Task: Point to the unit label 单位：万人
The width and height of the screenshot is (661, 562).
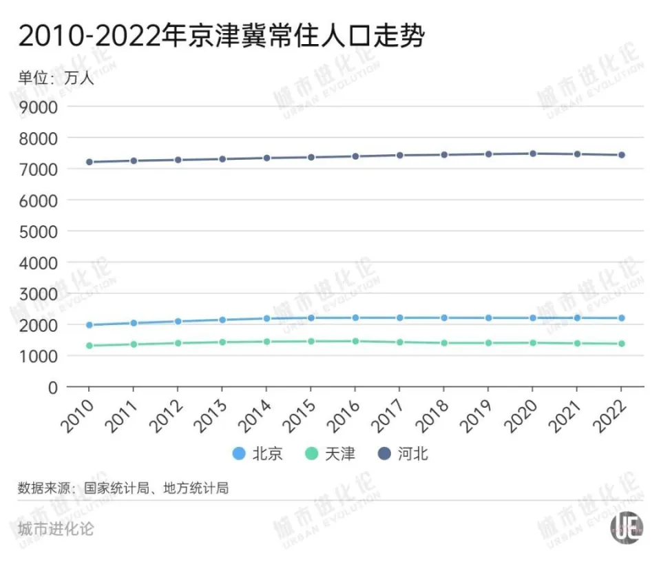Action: click(55, 77)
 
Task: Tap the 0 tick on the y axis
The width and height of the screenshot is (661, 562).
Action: click(52, 387)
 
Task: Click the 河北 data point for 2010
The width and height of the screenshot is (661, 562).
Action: click(90, 162)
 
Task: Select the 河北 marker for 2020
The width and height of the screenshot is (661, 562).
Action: click(533, 154)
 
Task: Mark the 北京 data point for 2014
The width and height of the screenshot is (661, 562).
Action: click(266, 318)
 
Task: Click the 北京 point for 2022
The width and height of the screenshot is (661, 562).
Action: click(621, 318)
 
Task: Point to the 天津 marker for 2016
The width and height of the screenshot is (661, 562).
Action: click(355, 341)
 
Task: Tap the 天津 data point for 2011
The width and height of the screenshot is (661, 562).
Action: click(134, 344)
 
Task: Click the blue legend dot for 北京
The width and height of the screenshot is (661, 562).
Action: click(239, 453)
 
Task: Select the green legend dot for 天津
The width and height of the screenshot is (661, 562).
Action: click(312, 453)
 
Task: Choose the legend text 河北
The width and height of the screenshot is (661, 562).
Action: click(412, 454)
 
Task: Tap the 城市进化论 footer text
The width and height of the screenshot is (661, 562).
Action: click(56, 530)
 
